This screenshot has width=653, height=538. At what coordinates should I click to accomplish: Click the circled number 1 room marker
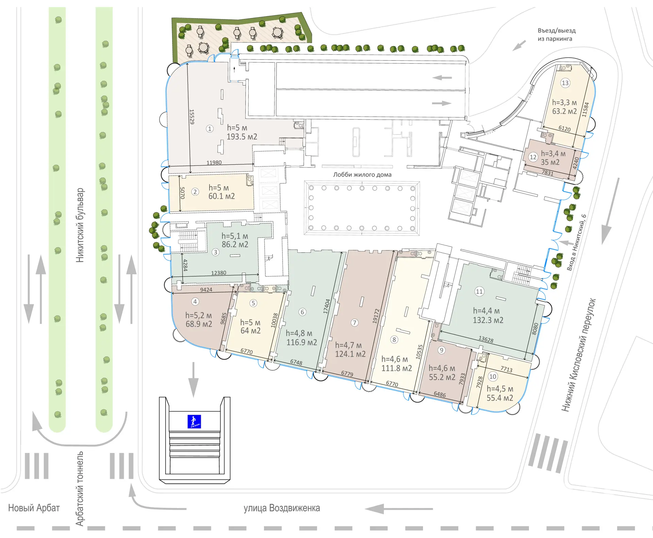coord(210,129)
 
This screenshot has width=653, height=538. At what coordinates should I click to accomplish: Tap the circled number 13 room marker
coord(565,83)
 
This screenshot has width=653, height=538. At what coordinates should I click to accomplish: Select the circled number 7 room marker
coord(354,322)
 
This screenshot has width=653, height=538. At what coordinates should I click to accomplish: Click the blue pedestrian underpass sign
coord(194,422)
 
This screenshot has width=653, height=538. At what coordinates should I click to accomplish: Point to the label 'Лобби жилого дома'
coord(362,175)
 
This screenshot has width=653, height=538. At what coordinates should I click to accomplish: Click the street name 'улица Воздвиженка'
coord(282,508)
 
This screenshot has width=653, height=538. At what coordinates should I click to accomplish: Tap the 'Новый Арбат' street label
coord(34,508)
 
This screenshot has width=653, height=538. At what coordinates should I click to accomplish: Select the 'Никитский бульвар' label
coord(80,225)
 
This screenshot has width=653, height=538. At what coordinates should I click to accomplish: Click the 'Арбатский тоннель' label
coord(80,488)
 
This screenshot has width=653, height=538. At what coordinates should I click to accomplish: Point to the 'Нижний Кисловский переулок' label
coord(579,355)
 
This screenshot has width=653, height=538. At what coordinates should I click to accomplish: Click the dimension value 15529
coord(192,117)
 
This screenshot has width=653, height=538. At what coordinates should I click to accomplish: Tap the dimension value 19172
coord(376,316)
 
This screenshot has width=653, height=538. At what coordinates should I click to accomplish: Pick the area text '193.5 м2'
coord(242,137)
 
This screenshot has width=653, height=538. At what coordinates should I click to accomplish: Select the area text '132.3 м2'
coord(488,320)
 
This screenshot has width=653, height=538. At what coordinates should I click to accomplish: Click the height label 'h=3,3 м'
coord(564,103)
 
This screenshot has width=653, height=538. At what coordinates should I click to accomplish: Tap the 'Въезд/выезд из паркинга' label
coord(557,35)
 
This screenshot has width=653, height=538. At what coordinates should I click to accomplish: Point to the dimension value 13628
coord(486,339)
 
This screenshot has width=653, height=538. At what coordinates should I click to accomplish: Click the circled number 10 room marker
coord(492,376)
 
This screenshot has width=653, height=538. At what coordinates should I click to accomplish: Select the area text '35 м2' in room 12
coord(550,162)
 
